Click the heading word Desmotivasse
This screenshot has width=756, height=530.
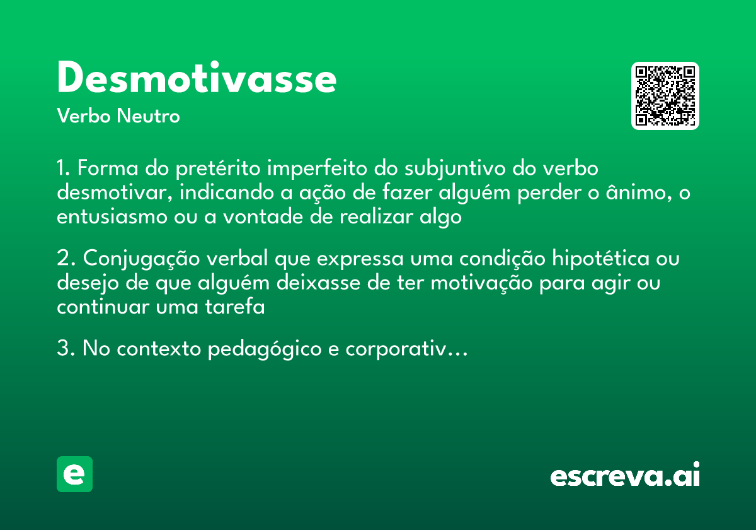[x=197, y=79]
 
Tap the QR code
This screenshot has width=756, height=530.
[x=665, y=96]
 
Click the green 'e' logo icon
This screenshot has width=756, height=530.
[x=74, y=474]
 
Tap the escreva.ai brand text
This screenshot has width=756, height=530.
[x=625, y=476]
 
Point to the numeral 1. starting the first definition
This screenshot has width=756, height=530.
[x=64, y=169]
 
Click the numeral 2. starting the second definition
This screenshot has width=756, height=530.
[x=66, y=259]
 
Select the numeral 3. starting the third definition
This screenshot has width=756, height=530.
[x=66, y=348]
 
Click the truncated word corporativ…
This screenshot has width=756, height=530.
[x=406, y=350]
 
